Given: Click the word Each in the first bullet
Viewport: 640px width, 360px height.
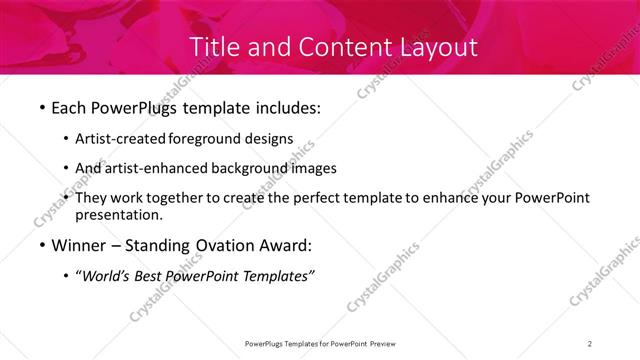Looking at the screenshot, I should tap(69, 107).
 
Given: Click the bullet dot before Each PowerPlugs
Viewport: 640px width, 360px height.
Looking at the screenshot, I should tap(42, 107).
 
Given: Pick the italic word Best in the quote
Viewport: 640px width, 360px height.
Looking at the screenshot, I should tap(155, 277).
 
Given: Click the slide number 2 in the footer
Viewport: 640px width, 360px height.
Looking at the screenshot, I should tap(590, 344).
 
